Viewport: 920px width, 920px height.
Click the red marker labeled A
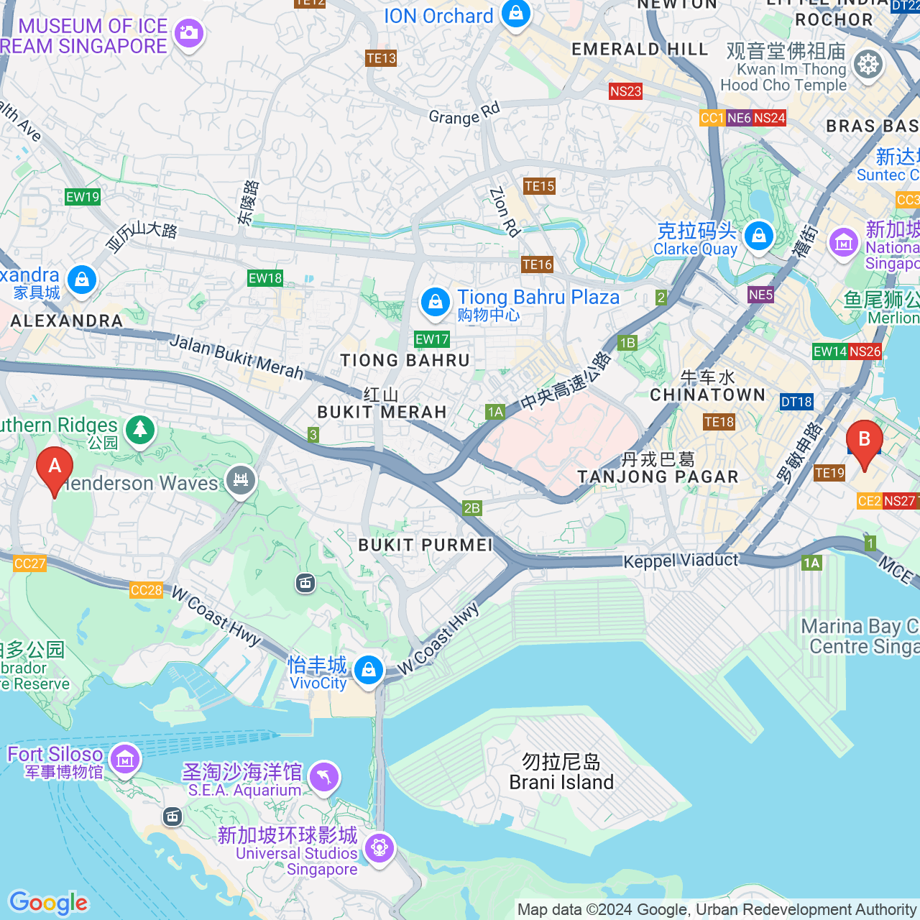point(55,469)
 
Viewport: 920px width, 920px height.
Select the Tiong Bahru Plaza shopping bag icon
point(435,302)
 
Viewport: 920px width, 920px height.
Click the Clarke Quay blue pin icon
point(758,236)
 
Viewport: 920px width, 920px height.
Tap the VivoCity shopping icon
point(368,671)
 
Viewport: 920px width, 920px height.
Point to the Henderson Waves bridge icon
point(241,479)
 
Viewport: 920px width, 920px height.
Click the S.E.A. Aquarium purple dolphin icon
point(324,777)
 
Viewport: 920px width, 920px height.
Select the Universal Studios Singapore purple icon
point(379,848)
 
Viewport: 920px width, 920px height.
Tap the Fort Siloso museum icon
point(124,759)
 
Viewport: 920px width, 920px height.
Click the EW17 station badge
point(432,339)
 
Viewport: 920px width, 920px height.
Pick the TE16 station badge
point(538,264)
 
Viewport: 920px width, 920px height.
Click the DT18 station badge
point(796,402)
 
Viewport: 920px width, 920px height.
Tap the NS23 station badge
point(625,91)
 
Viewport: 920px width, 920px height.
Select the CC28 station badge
point(147,590)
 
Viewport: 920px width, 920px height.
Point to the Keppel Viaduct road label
point(680,561)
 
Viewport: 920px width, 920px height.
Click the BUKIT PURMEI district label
point(425,545)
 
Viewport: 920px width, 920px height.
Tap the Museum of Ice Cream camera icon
point(189,33)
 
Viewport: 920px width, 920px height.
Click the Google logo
point(48,903)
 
